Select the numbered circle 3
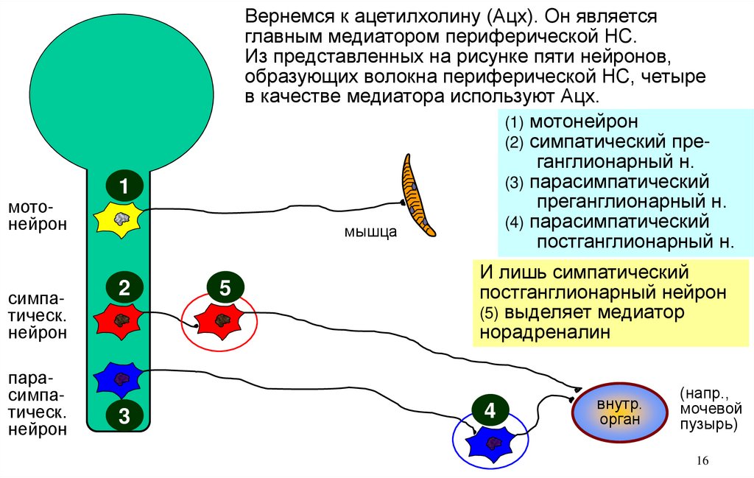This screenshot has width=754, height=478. pyautogui.click(x=124, y=416)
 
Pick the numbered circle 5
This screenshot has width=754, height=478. pyautogui.click(x=225, y=287)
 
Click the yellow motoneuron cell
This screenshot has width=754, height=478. pyautogui.click(x=120, y=219)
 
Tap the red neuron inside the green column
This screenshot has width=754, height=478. pyautogui.click(x=120, y=319)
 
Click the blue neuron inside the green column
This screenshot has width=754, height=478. pyautogui.click(x=120, y=379)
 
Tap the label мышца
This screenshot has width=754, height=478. pyautogui.click(x=370, y=233)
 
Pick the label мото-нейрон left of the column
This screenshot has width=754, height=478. pyautogui.click(x=37, y=217)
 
